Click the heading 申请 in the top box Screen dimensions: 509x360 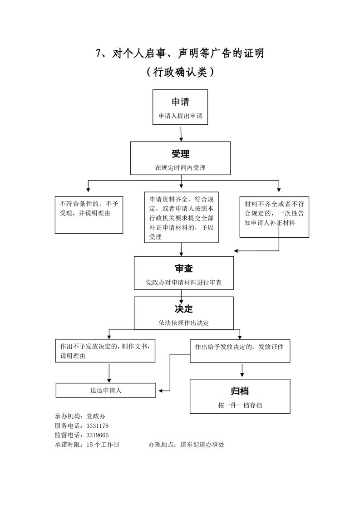180,101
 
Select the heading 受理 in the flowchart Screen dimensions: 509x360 180,154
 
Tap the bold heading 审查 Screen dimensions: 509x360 184,268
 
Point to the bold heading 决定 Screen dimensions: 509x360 184,308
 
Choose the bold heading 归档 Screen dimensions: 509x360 240,391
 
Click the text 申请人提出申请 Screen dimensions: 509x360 180,116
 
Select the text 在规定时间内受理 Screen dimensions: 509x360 180,167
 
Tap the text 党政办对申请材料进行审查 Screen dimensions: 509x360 184,282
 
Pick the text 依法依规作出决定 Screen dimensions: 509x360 184,323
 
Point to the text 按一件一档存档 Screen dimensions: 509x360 240,405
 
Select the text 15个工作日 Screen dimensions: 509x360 103,445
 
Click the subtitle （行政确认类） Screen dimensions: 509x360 180,72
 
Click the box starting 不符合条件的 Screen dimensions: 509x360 89,214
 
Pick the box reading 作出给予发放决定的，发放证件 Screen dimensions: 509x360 240,351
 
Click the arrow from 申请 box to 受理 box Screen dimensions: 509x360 181,133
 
